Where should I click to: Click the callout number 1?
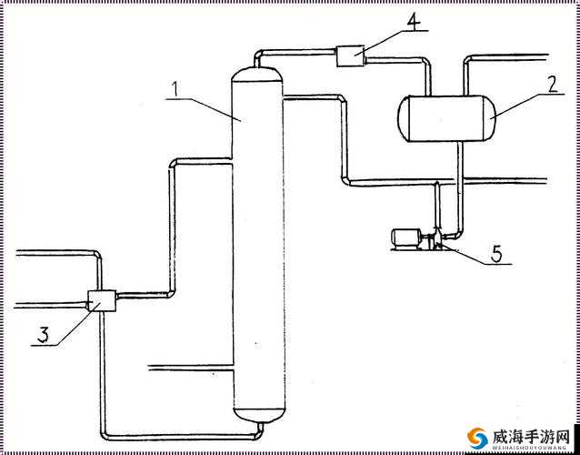(176, 89)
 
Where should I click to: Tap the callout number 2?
(552, 85)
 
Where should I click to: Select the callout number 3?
(43, 335)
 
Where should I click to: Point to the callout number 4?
(414, 23)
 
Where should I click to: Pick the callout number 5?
(496, 254)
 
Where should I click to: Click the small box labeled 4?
(350, 56)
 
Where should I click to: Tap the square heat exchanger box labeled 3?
(102, 300)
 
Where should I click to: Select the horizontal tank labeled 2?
(446, 118)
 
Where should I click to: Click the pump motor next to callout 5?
(405, 238)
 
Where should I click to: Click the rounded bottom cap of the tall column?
(259, 415)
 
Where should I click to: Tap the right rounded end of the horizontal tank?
(489, 118)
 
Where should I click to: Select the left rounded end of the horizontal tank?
(404, 118)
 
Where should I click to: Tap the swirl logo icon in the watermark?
(477, 439)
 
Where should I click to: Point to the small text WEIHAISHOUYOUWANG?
(530, 449)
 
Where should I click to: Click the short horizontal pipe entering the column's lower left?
(190, 368)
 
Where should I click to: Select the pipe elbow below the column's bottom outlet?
(259, 434)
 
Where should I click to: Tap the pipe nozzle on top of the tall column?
(256, 61)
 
